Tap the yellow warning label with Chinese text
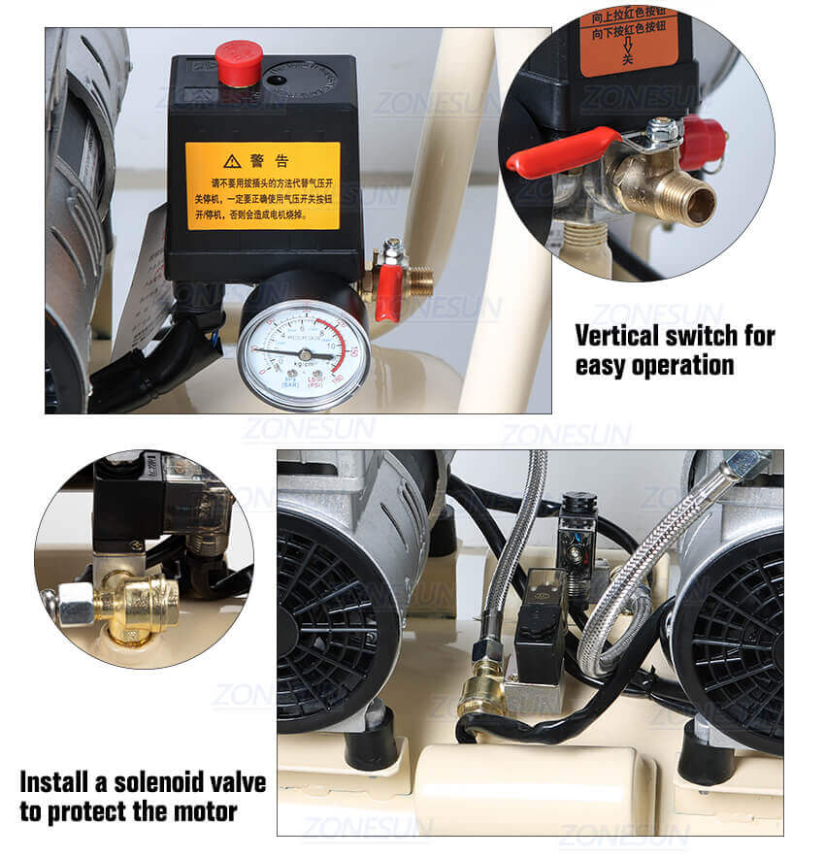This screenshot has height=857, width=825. click(x=263, y=185)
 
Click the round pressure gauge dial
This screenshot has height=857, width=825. click(x=303, y=355)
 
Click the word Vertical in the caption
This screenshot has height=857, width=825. click(x=621, y=336)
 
